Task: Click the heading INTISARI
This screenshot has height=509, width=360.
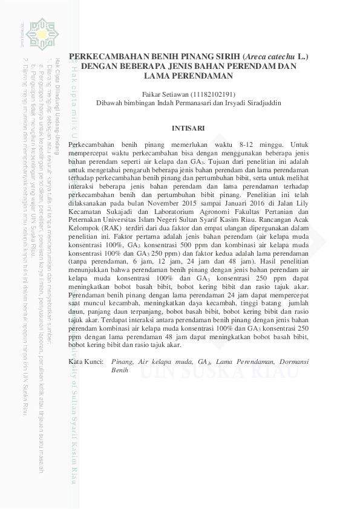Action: [188, 128]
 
